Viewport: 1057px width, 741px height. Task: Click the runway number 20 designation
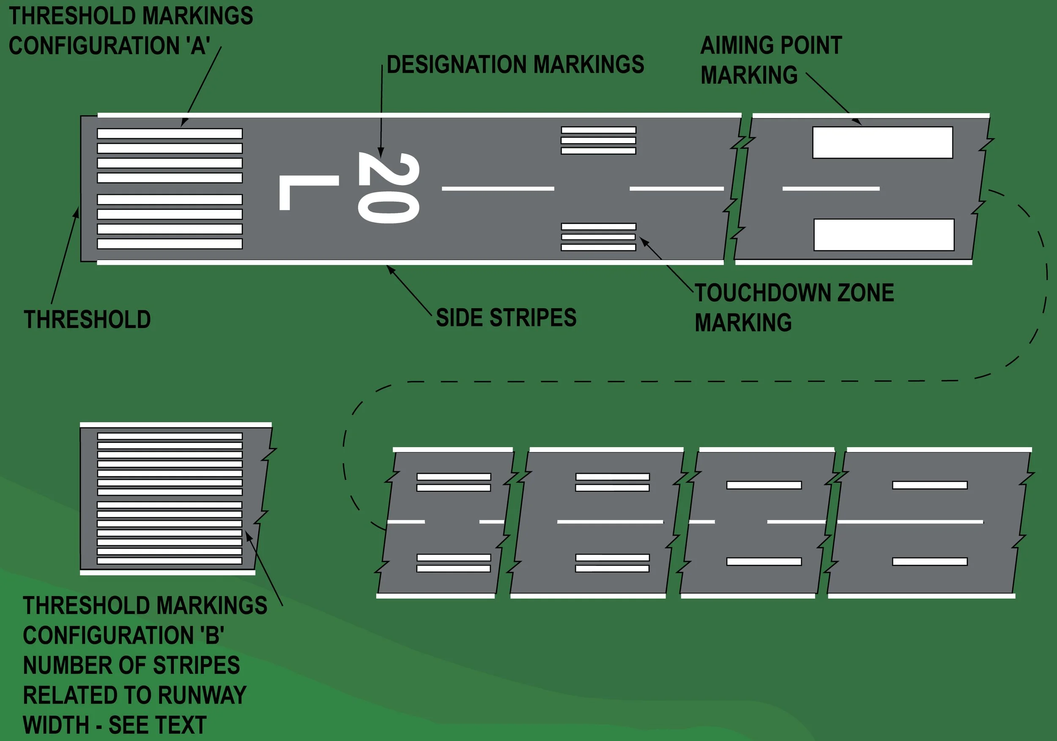click(x=388, y=188)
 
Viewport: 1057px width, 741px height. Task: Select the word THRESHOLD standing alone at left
click(x=88, y=320)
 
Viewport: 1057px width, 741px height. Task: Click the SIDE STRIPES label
click(x=506, y=317)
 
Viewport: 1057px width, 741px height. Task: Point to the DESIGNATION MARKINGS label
click(x=515, y=64)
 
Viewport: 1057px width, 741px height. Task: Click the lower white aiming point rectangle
click(x=884, y=235)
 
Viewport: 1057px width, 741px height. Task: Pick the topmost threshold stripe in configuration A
click(x=170, y=134)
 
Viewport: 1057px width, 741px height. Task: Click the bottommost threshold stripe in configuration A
click(x=170, y=243)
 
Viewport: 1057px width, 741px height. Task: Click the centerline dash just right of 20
click(x=498, y=189)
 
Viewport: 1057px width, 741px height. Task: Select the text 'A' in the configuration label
click(x=198, y=46)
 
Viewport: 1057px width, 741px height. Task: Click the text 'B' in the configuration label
click(x=212, y=636)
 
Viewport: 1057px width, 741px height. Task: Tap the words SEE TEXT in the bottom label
click(x=157, y=725)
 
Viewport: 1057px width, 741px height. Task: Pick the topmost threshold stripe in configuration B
click(x=170, y=436)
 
